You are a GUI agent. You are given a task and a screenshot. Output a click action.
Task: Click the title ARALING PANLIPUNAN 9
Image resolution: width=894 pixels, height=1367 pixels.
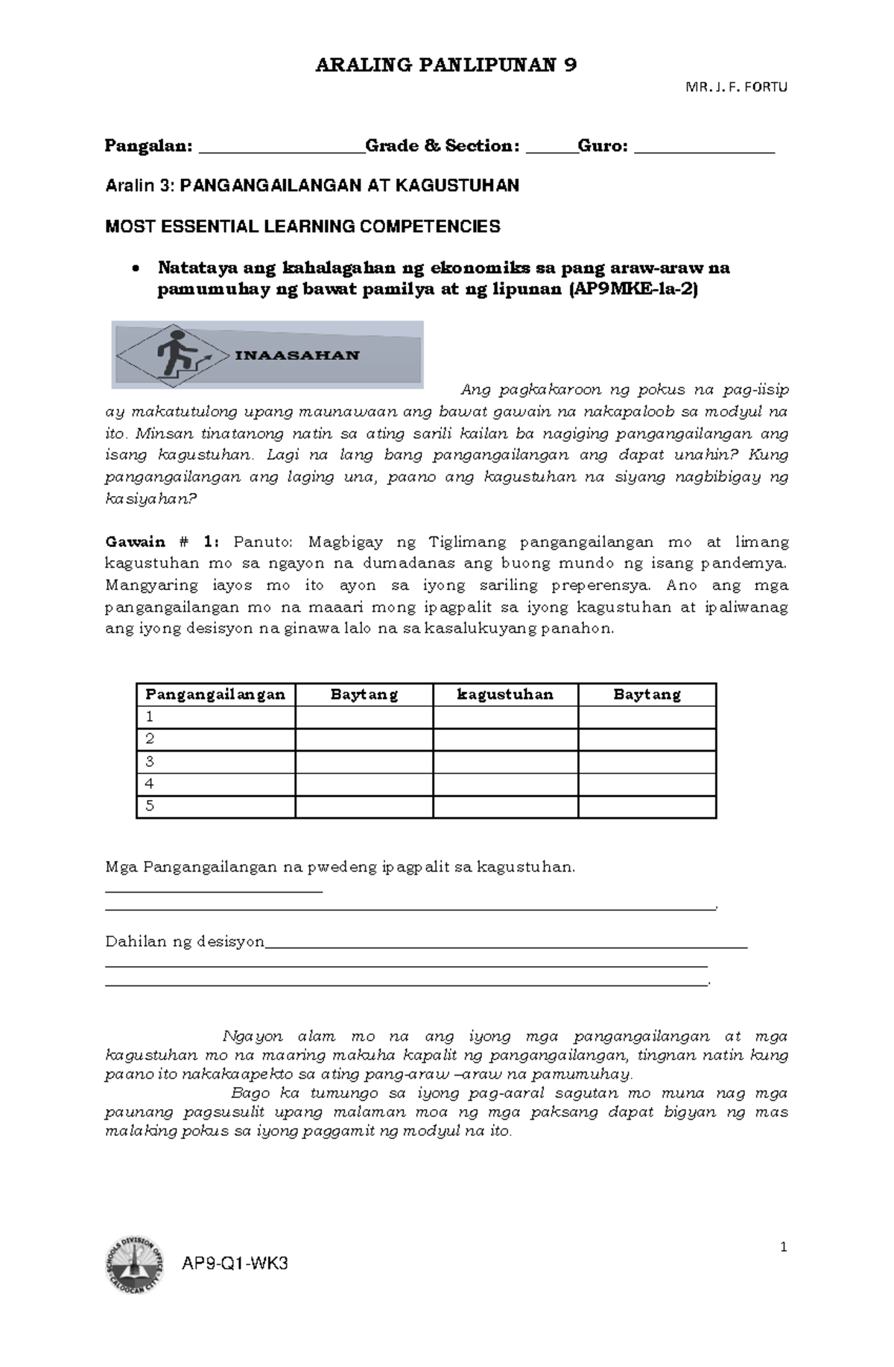[446, 66]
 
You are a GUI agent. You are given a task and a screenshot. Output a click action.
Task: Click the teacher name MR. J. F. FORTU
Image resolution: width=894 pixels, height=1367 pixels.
[735, 87]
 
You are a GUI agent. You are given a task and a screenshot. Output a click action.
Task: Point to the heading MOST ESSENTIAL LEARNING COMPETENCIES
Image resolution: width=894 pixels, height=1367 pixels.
[302, 226]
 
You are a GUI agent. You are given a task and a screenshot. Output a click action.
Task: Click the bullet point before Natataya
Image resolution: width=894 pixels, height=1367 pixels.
[135, 269]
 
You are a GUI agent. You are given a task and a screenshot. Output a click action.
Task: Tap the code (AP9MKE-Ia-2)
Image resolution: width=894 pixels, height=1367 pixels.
[633, 291]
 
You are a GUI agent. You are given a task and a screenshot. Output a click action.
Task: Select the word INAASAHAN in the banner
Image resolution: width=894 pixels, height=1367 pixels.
[297, 355]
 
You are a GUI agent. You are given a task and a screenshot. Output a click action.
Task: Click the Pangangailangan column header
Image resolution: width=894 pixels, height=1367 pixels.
[215, 694]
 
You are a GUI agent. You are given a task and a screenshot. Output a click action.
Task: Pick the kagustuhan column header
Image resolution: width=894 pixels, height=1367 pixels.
[505, 694]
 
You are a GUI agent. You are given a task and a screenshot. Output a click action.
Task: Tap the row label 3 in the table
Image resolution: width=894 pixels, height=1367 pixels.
[150, 761]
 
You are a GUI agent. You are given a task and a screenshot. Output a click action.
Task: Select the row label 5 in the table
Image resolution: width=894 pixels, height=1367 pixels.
[150, 806]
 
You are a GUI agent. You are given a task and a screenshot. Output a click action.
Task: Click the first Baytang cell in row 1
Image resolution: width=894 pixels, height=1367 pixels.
[364, 717]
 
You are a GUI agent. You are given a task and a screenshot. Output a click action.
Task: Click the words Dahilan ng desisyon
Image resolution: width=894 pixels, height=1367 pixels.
[185, 942]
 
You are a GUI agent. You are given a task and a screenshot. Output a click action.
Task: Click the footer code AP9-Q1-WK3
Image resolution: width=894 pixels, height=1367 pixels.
[235, 1263]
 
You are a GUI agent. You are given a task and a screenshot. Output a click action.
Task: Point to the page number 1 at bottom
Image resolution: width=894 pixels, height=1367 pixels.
[783, 1247]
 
